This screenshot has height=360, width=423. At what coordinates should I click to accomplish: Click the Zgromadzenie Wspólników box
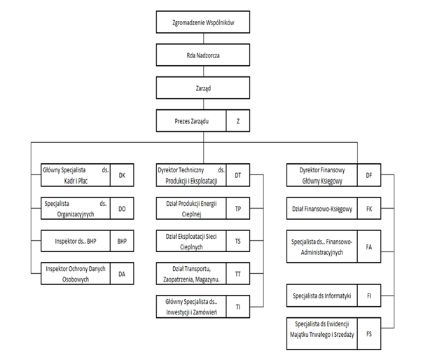[x=203, y=22]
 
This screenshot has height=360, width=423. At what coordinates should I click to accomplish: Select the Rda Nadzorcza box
[x=203, y=55]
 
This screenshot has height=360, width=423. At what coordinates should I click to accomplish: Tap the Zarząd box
[x=203, y=88]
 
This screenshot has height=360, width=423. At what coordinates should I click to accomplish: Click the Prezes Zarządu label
[x=191, y=121]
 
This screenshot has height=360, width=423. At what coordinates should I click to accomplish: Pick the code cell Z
[x=238, y=120]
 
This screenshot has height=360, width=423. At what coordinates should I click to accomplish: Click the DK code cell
[x=122, y=175]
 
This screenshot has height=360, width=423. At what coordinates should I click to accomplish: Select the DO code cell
[x=122, y=208]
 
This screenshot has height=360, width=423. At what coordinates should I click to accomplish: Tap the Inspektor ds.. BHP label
[x=76, y=241]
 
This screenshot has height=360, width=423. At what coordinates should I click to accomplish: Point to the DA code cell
[x=122, y=274]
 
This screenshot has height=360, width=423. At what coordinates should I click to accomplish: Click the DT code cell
[x=238, y=175]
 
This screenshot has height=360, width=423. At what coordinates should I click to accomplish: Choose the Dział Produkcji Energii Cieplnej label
[x=191, y=209]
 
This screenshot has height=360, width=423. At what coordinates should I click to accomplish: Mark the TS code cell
[x=238, y=241]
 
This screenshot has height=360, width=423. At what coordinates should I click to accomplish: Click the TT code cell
[x=238, y=274]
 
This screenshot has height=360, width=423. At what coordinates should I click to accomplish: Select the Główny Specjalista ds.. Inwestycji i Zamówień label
[x=191, y=307]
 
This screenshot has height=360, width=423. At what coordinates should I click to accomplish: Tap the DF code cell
[x=369, y=175]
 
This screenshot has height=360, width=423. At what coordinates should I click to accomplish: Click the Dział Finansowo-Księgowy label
[x=322, y=209]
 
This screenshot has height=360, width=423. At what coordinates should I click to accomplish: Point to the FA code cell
[x=369, y=247]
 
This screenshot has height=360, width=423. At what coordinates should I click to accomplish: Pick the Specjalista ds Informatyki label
[x=322, y=296]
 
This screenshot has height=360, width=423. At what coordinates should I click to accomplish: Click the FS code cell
[x=369, y=334]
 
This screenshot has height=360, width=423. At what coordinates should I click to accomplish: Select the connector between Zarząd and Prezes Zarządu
[x=204, y=104]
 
